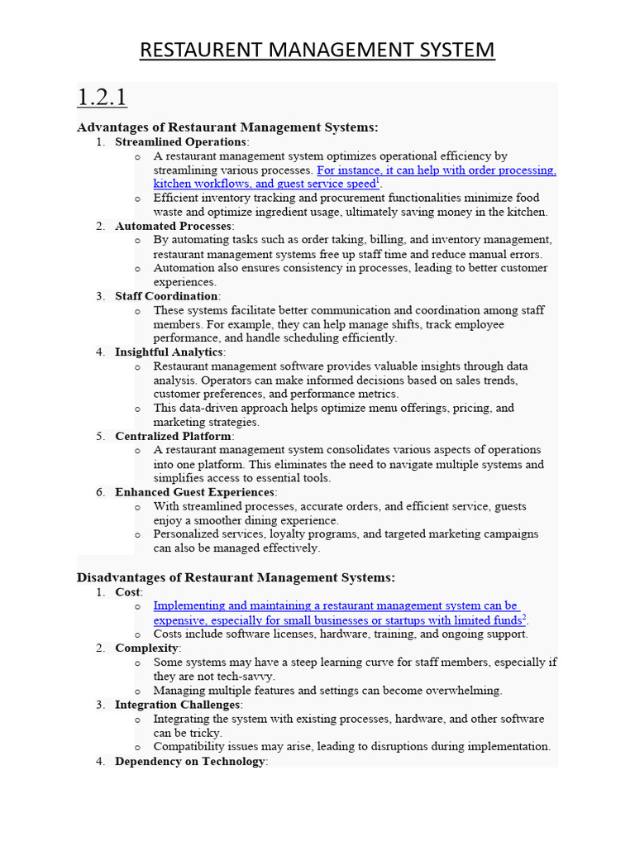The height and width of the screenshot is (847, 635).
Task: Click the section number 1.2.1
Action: point(102,98)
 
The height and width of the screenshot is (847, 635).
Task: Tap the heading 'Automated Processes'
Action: point(174,226)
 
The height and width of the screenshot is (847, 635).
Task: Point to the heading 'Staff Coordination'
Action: point(166,296)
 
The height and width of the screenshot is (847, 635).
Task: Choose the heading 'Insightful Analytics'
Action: point(169,352)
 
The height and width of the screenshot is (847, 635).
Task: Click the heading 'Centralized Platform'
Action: point(173,436)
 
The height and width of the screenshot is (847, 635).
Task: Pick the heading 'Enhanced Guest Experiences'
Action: point(194,492)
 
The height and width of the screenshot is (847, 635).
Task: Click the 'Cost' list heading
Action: point(128,591)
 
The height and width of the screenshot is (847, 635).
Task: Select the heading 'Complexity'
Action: point(146,648)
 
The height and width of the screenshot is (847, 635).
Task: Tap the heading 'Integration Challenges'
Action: point(178,705)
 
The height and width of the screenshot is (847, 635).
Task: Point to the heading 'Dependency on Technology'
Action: point(189,761)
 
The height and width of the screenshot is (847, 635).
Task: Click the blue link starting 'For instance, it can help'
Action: point(436,170)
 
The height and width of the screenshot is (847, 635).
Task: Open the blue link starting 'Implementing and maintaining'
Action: point(336,606)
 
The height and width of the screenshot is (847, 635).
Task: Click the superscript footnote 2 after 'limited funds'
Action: point(524,618)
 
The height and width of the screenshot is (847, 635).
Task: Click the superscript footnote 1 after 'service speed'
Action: point(378,181)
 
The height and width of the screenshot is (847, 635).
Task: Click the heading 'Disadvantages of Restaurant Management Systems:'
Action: point(236,577)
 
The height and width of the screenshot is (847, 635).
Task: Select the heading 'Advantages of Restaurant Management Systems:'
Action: point(227,127)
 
